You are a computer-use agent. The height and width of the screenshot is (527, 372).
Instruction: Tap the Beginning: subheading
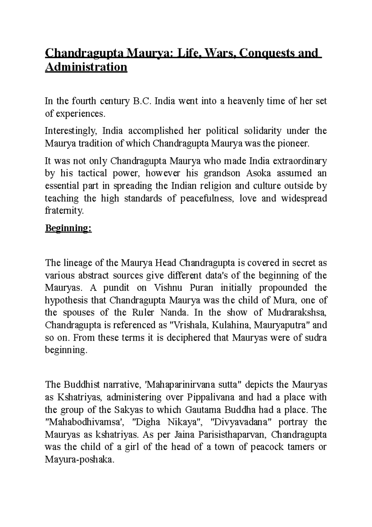click(69, 228)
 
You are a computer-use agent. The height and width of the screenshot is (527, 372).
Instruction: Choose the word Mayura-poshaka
click(79, 459)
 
